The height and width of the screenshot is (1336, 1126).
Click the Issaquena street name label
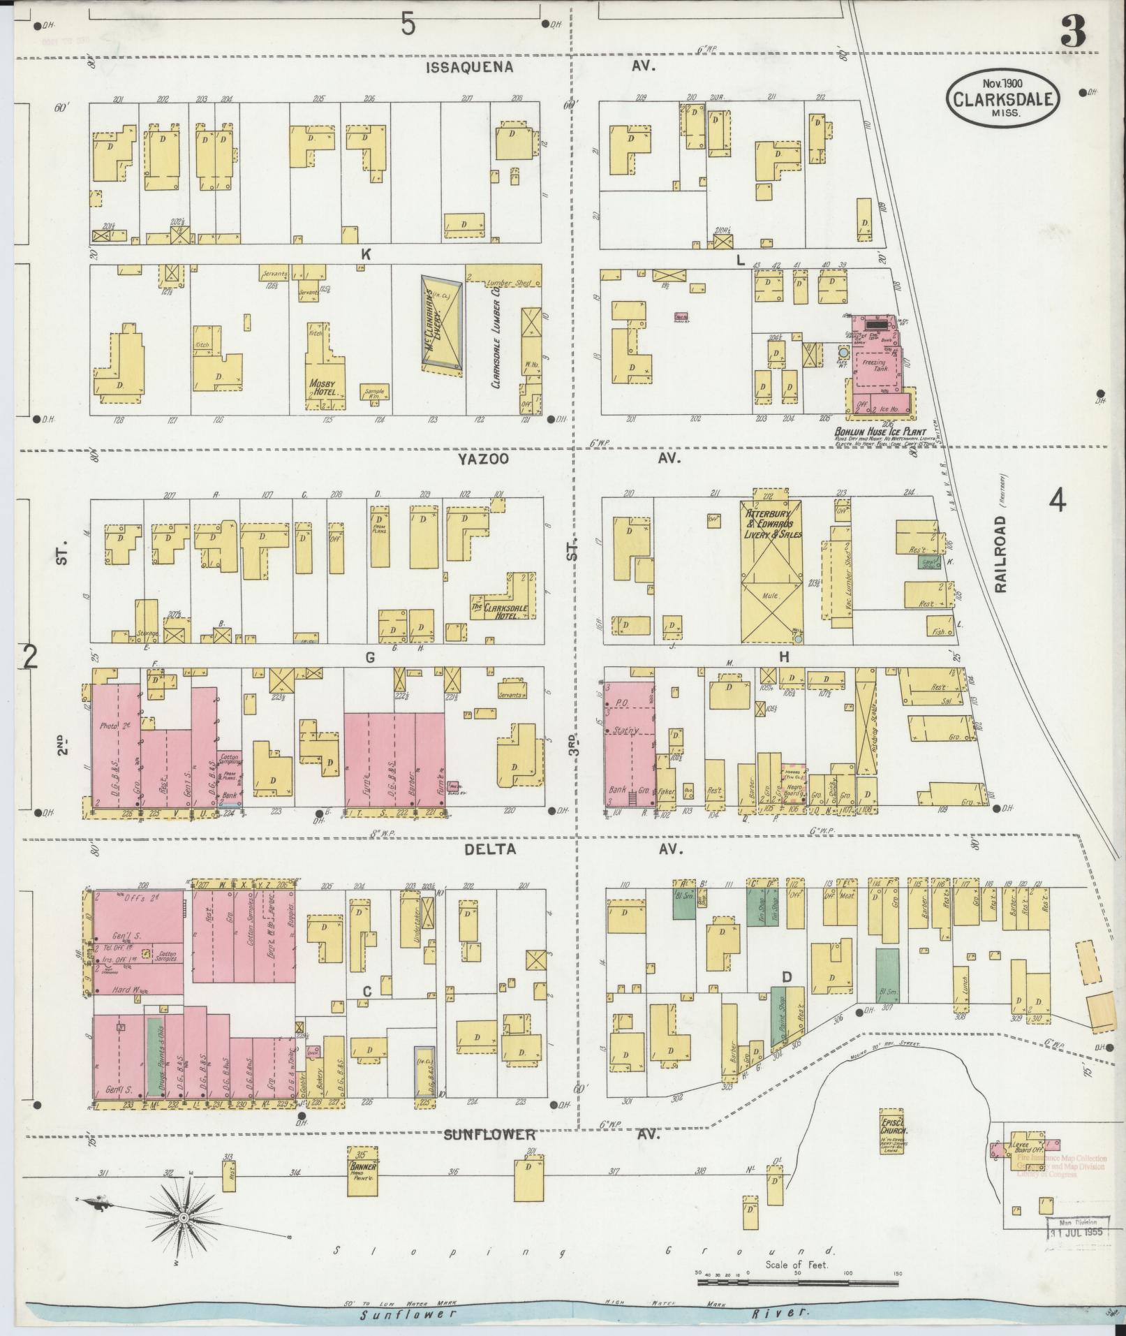(470, 67)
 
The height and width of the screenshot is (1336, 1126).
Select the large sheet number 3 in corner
(1073, 32)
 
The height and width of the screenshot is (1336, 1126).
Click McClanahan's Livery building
(441, 323)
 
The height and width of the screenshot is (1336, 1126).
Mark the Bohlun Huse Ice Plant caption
(880, 432)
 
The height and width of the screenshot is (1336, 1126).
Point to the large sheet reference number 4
(1058, 500)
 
